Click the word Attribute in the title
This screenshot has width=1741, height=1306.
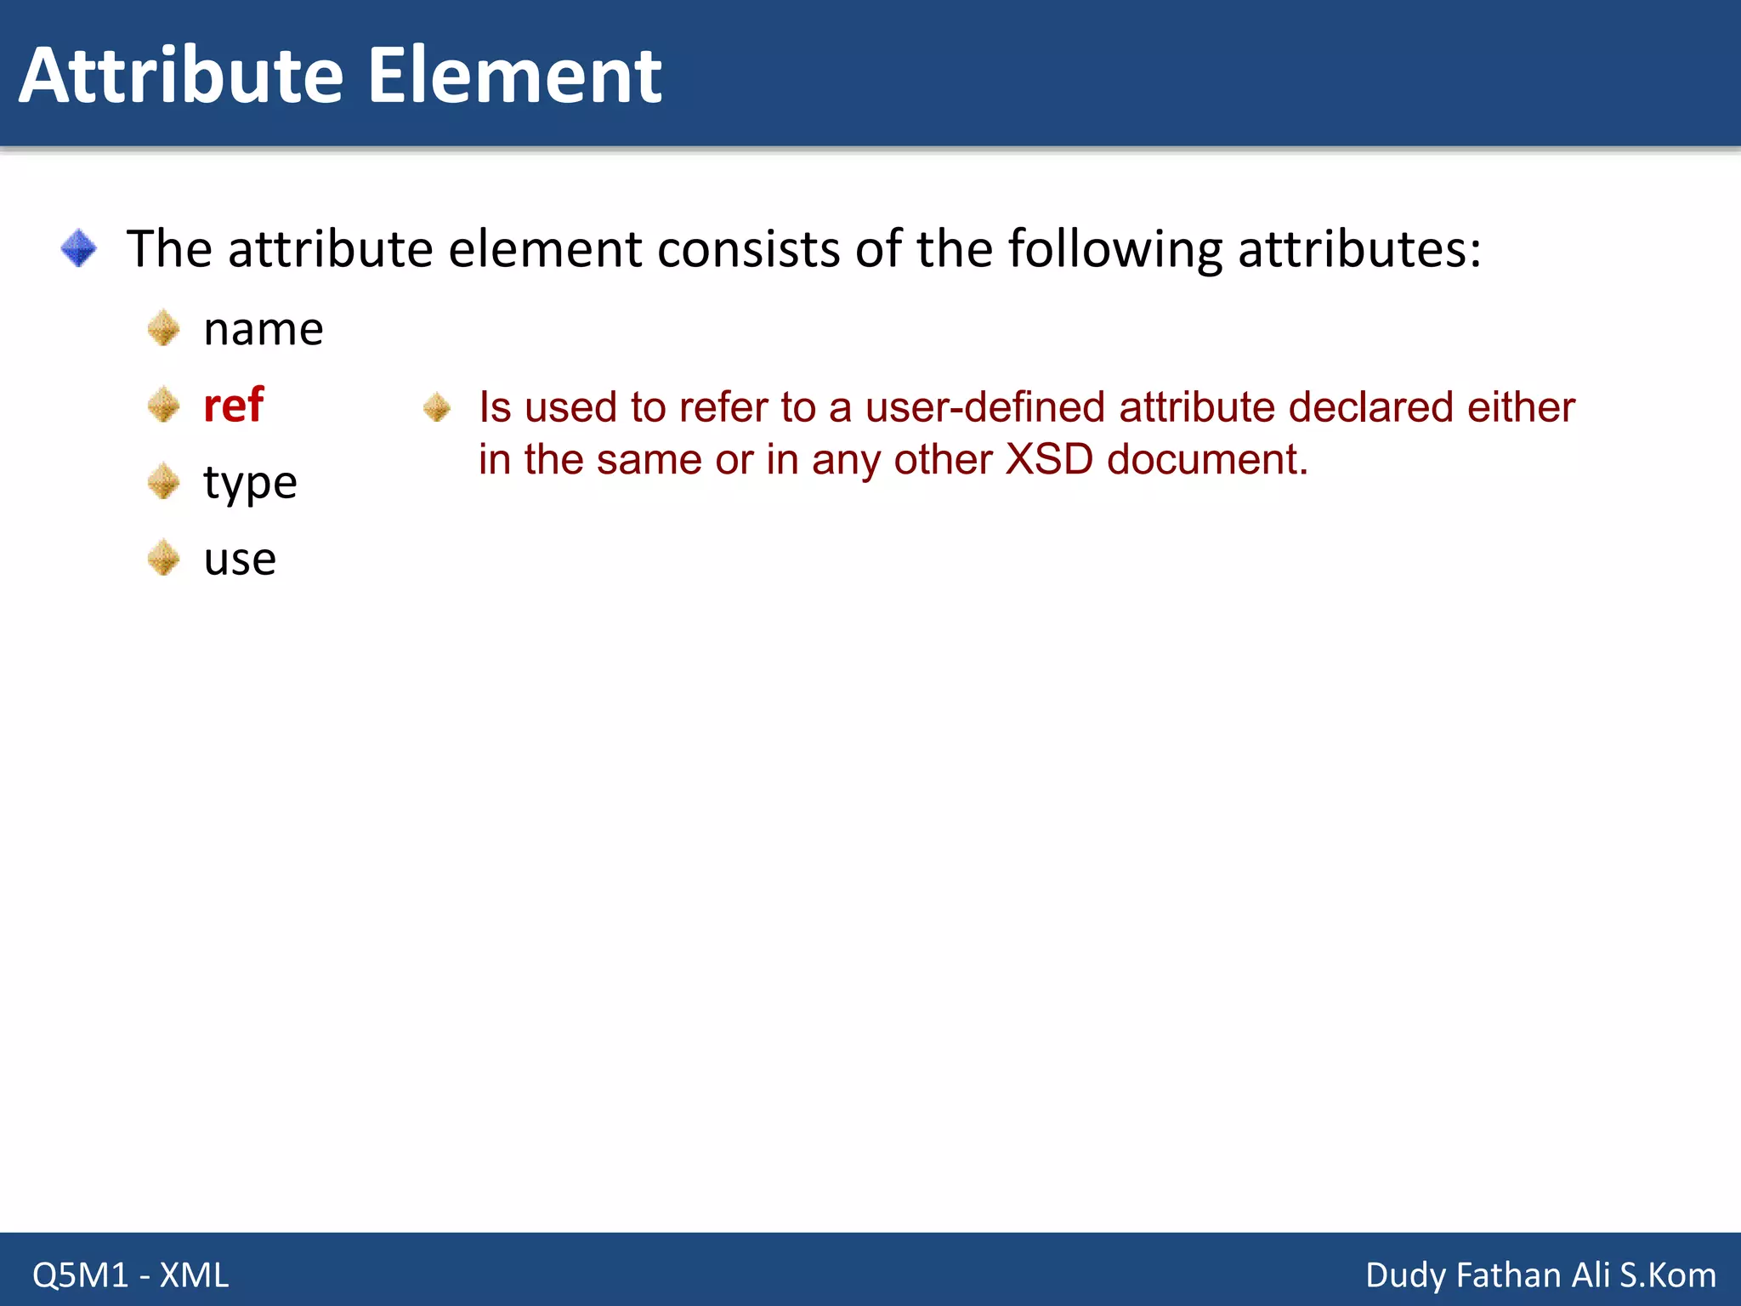point(180,76)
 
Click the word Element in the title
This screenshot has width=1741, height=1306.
point(513,76)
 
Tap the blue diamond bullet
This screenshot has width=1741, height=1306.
point(79,248)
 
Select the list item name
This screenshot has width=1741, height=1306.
point(264,329)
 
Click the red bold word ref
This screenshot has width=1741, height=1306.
point(234,405)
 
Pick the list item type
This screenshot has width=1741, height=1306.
point(250,483)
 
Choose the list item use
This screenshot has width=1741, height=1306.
point(240,559)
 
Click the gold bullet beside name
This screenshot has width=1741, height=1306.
point(163,328)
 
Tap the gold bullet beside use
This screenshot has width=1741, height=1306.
point(163,558)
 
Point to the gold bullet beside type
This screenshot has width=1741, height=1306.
point(163,481)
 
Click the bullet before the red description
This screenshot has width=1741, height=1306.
point(437,407)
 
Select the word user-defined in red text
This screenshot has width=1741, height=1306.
point(985,406)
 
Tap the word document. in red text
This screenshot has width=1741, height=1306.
point(1207,459)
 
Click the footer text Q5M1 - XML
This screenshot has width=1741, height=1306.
point(130,1275)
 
